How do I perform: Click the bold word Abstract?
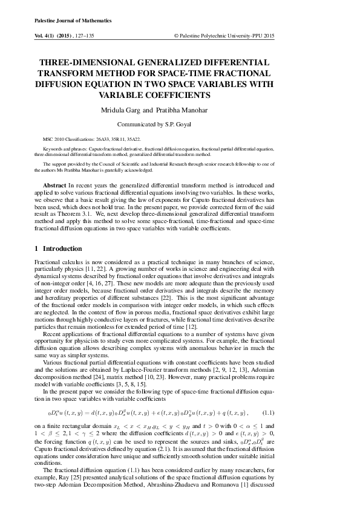54,183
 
